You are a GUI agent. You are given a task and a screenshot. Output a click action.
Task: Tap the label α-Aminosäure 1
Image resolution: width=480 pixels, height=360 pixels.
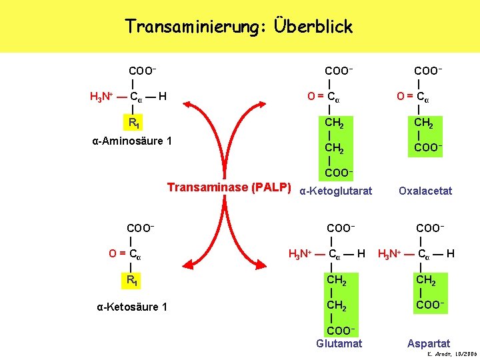[132, 141]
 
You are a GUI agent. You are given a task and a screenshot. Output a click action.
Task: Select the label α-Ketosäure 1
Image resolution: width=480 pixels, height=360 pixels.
[132, 307]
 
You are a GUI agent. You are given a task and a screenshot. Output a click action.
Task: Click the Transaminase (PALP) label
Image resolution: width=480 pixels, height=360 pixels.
[229, 188]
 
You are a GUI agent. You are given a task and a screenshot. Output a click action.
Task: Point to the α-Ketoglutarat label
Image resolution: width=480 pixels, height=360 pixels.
[337, 191]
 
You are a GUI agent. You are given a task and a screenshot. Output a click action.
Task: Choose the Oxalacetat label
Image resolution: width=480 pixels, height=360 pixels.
[425, 191]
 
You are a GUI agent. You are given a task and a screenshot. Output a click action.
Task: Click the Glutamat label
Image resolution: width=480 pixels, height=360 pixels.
[339, 343]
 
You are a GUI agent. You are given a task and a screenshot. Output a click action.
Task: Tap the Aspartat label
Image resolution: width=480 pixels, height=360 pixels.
[429, 343]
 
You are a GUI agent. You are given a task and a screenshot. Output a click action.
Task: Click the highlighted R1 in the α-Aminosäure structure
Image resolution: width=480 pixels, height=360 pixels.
[135, 123]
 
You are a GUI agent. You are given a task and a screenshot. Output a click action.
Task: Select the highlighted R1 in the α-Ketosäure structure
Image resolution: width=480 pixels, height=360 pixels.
[134, 280]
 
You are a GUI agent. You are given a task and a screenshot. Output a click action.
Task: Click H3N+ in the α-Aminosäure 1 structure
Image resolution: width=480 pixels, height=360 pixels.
[103, 98]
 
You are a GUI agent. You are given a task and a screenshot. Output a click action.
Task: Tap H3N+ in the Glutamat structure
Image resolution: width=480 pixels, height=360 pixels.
[301, 254]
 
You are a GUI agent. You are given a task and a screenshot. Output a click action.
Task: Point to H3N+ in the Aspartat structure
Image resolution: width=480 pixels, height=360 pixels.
[392, 254]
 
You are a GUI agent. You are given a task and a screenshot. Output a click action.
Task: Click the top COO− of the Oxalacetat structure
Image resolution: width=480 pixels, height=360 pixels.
[429, 70]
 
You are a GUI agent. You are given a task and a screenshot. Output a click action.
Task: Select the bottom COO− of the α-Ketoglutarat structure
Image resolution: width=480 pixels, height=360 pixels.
[338, 173]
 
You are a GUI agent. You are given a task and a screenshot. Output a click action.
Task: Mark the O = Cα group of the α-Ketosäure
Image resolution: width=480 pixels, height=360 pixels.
[125, 254]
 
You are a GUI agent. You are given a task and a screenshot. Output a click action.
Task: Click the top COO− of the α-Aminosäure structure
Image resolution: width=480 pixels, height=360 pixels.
[143, 70]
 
